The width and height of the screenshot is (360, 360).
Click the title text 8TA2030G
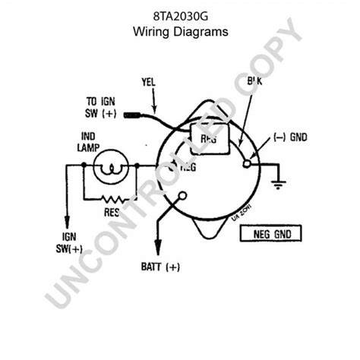pos(179,16)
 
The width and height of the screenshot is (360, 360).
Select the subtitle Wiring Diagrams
pos(179,32)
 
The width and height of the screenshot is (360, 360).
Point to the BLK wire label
pos(256,81)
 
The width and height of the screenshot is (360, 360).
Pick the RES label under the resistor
pos(112,213)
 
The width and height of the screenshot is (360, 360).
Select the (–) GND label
pos(290,138)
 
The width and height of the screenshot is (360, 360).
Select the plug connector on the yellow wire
pos(137,116)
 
